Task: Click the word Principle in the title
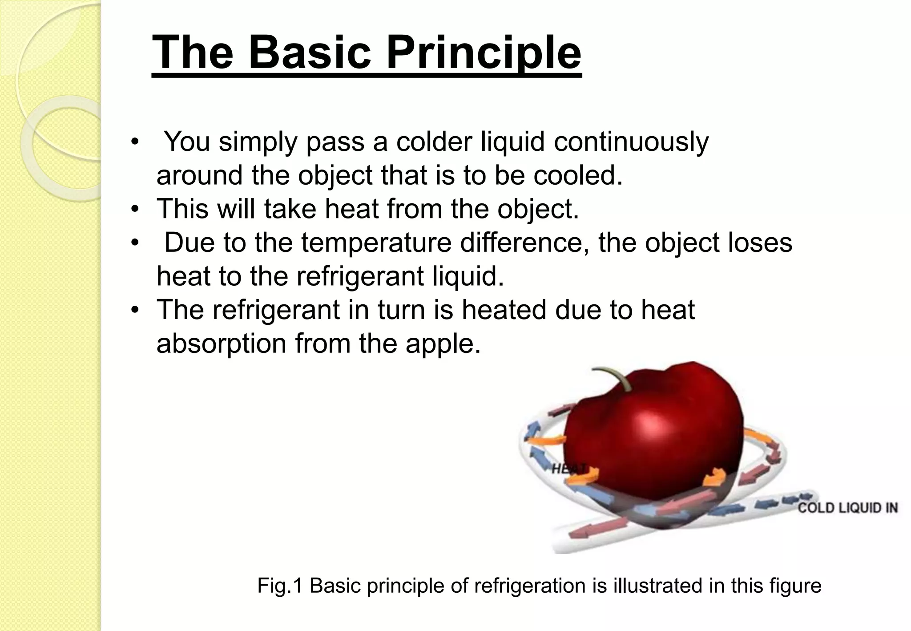(x=484, y=53)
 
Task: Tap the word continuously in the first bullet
(x=631, y=142)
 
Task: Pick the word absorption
(x=221, y=344)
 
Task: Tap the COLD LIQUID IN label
(x=847, y=508)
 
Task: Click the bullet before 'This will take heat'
(x=135, y=209)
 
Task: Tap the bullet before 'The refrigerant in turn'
(x=135, y=310)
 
